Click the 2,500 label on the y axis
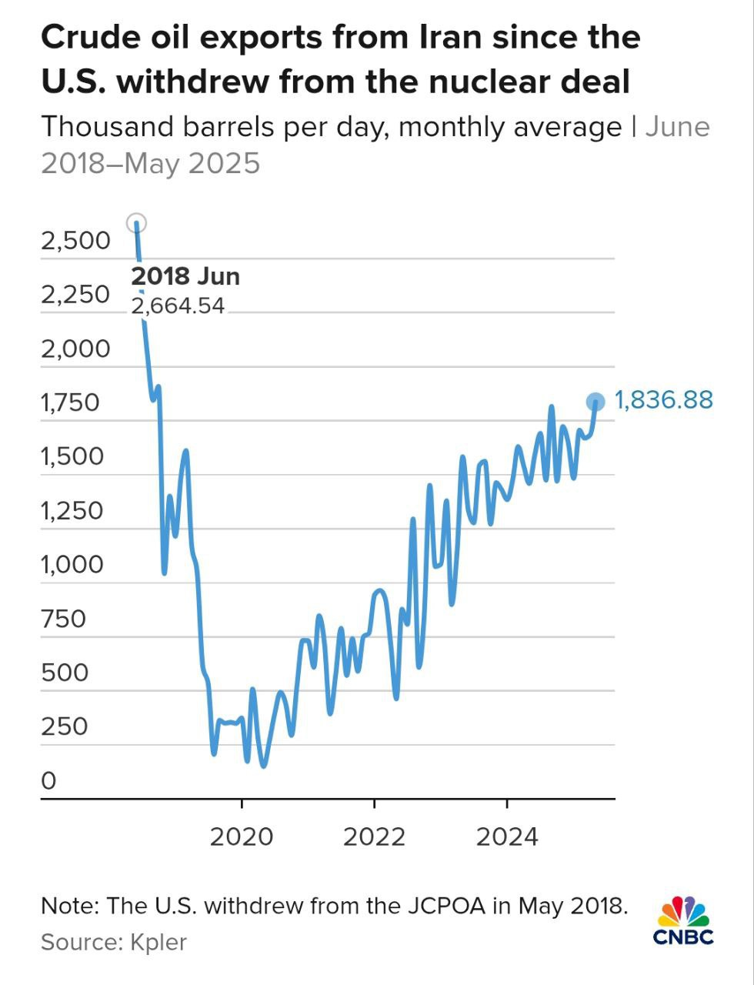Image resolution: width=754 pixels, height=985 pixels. [75, 241]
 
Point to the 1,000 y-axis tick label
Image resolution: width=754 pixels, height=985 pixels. [72, 565]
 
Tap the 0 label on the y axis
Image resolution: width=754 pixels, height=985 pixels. [49, 781]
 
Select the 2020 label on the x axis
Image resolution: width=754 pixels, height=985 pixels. [242, 836]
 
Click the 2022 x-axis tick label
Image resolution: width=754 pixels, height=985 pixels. [374, 836]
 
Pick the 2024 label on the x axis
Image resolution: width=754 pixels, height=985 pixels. [507, 836]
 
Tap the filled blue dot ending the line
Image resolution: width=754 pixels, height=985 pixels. [596, 402]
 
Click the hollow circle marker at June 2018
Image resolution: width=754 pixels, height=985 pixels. [136, 223]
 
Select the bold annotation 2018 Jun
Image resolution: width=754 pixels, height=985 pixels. [185, 276]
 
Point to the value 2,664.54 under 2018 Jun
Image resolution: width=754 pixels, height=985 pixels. [178, 306]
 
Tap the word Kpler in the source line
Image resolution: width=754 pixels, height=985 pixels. [158, 942]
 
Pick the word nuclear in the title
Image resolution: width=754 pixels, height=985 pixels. [489, 81]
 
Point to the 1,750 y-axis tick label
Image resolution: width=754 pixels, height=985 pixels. [70, 402]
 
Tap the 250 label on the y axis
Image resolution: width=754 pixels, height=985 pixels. [64, 726]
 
